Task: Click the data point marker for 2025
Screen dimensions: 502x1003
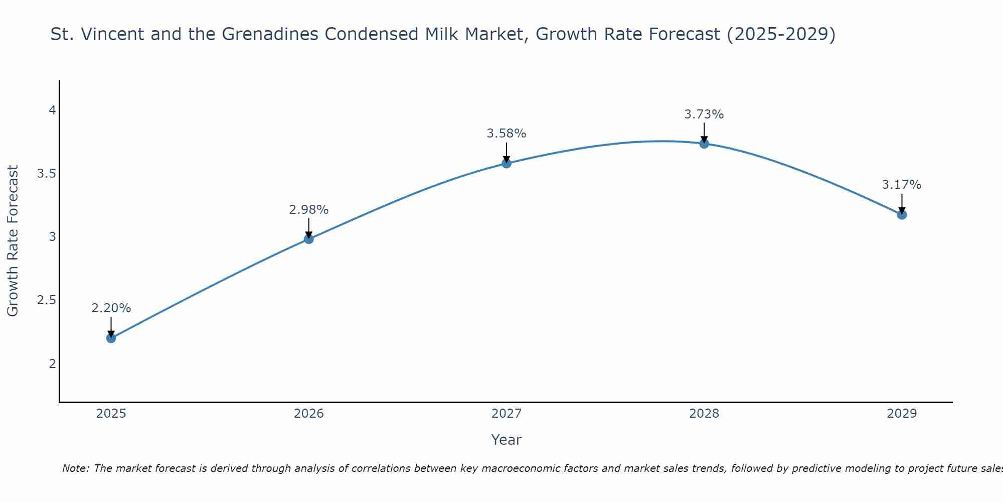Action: coord(111,338)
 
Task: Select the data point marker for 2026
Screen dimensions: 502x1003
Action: coord(308,239)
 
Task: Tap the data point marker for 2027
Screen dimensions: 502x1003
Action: coord(507,163)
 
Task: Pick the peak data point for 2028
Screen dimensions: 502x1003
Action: coord(704,144)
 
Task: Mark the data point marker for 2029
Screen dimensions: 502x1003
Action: coord(902,215)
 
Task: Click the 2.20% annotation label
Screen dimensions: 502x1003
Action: coord(111,308)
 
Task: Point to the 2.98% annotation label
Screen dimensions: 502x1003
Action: coord(308,210)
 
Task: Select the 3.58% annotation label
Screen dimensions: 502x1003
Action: coord(507,134)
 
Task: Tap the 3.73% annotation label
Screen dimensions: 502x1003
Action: coord(704,114)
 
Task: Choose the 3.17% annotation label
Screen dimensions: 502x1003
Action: coord(902,185)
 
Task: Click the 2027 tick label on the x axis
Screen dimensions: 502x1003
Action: coord(507,414)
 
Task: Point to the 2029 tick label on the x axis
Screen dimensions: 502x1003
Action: coord(902,414)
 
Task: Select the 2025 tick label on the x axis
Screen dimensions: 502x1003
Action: coord(111,414)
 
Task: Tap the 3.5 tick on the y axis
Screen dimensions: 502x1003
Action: coord(46,174)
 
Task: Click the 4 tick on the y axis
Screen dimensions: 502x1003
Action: coord(52,110)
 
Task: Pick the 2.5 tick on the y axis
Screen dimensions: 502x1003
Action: coord(46,300)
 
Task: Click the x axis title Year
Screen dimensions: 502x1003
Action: coord(507,440)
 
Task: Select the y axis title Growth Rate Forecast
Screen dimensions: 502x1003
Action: coord(13,241)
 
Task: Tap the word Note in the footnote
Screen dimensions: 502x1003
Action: coord(75,468)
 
